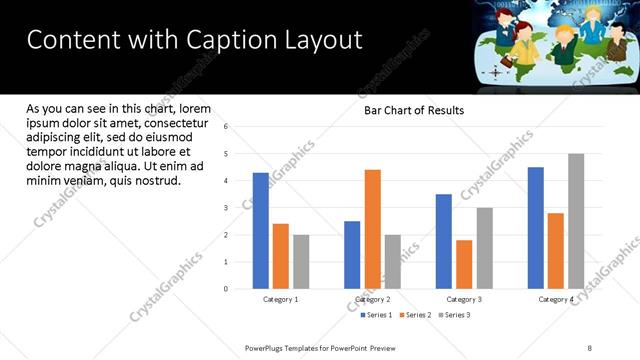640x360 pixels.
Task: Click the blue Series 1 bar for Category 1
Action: point(261,231)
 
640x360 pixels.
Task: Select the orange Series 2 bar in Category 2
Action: point(372,229)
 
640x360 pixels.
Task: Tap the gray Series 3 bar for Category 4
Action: point(576,221)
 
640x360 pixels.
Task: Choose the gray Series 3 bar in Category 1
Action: point(301,262)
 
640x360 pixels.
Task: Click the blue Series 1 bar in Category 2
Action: point(352,255)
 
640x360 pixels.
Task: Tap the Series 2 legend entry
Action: point(417,315)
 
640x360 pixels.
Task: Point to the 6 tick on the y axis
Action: point(227,127)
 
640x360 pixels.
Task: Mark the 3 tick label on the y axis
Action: point(227,208)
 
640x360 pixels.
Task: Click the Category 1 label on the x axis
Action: point(281,299)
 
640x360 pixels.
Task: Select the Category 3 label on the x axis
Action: point(464,299)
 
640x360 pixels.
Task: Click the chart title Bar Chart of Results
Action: point(414,110)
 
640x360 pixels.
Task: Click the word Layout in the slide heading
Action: point(321,40)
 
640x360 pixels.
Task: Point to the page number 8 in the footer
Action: point(589,348)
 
